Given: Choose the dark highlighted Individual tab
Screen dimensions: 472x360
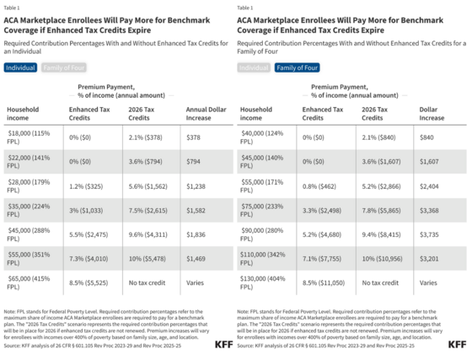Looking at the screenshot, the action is point(20,67).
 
